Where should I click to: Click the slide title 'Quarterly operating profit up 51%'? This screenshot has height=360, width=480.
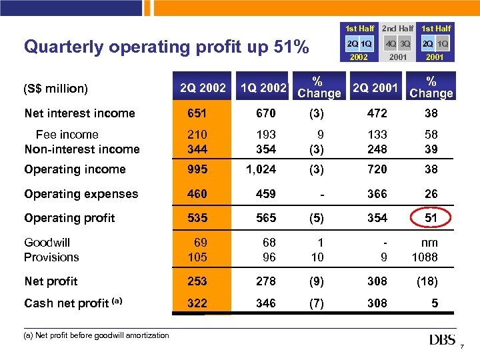pyautogui.click(x=166, y=47)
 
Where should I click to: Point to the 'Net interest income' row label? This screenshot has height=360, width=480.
pyautogui.click(x=79, y=113)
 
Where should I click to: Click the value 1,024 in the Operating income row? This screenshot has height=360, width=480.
pyautogui.click(x=261, y=169)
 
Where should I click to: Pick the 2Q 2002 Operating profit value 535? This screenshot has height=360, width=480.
pyautogui.click(x=197, y=218)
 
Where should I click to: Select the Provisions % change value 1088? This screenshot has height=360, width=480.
pyautogui.click(x=425, y=257)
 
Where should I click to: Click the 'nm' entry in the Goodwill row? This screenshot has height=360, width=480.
pyautogui.click(x=430, y=243)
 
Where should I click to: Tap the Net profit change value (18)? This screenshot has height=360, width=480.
pyautogui.click(x=427, y=281)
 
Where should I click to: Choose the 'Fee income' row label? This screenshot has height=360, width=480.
pyautogui.click(x=67, y=135)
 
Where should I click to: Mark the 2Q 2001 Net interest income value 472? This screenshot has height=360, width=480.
pyautogui.click(x=377, y=113)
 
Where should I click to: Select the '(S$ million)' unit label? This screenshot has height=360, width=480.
pyautogui.click(x=56, y=89)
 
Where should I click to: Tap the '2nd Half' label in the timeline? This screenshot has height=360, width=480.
pyautogui.click(x=397, y=29)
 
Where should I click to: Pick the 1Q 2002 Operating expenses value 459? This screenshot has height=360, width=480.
pyautogui.click(x=265, y=194)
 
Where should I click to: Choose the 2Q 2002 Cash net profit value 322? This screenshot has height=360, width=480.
pyautogui.click(x=197, y=303)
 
